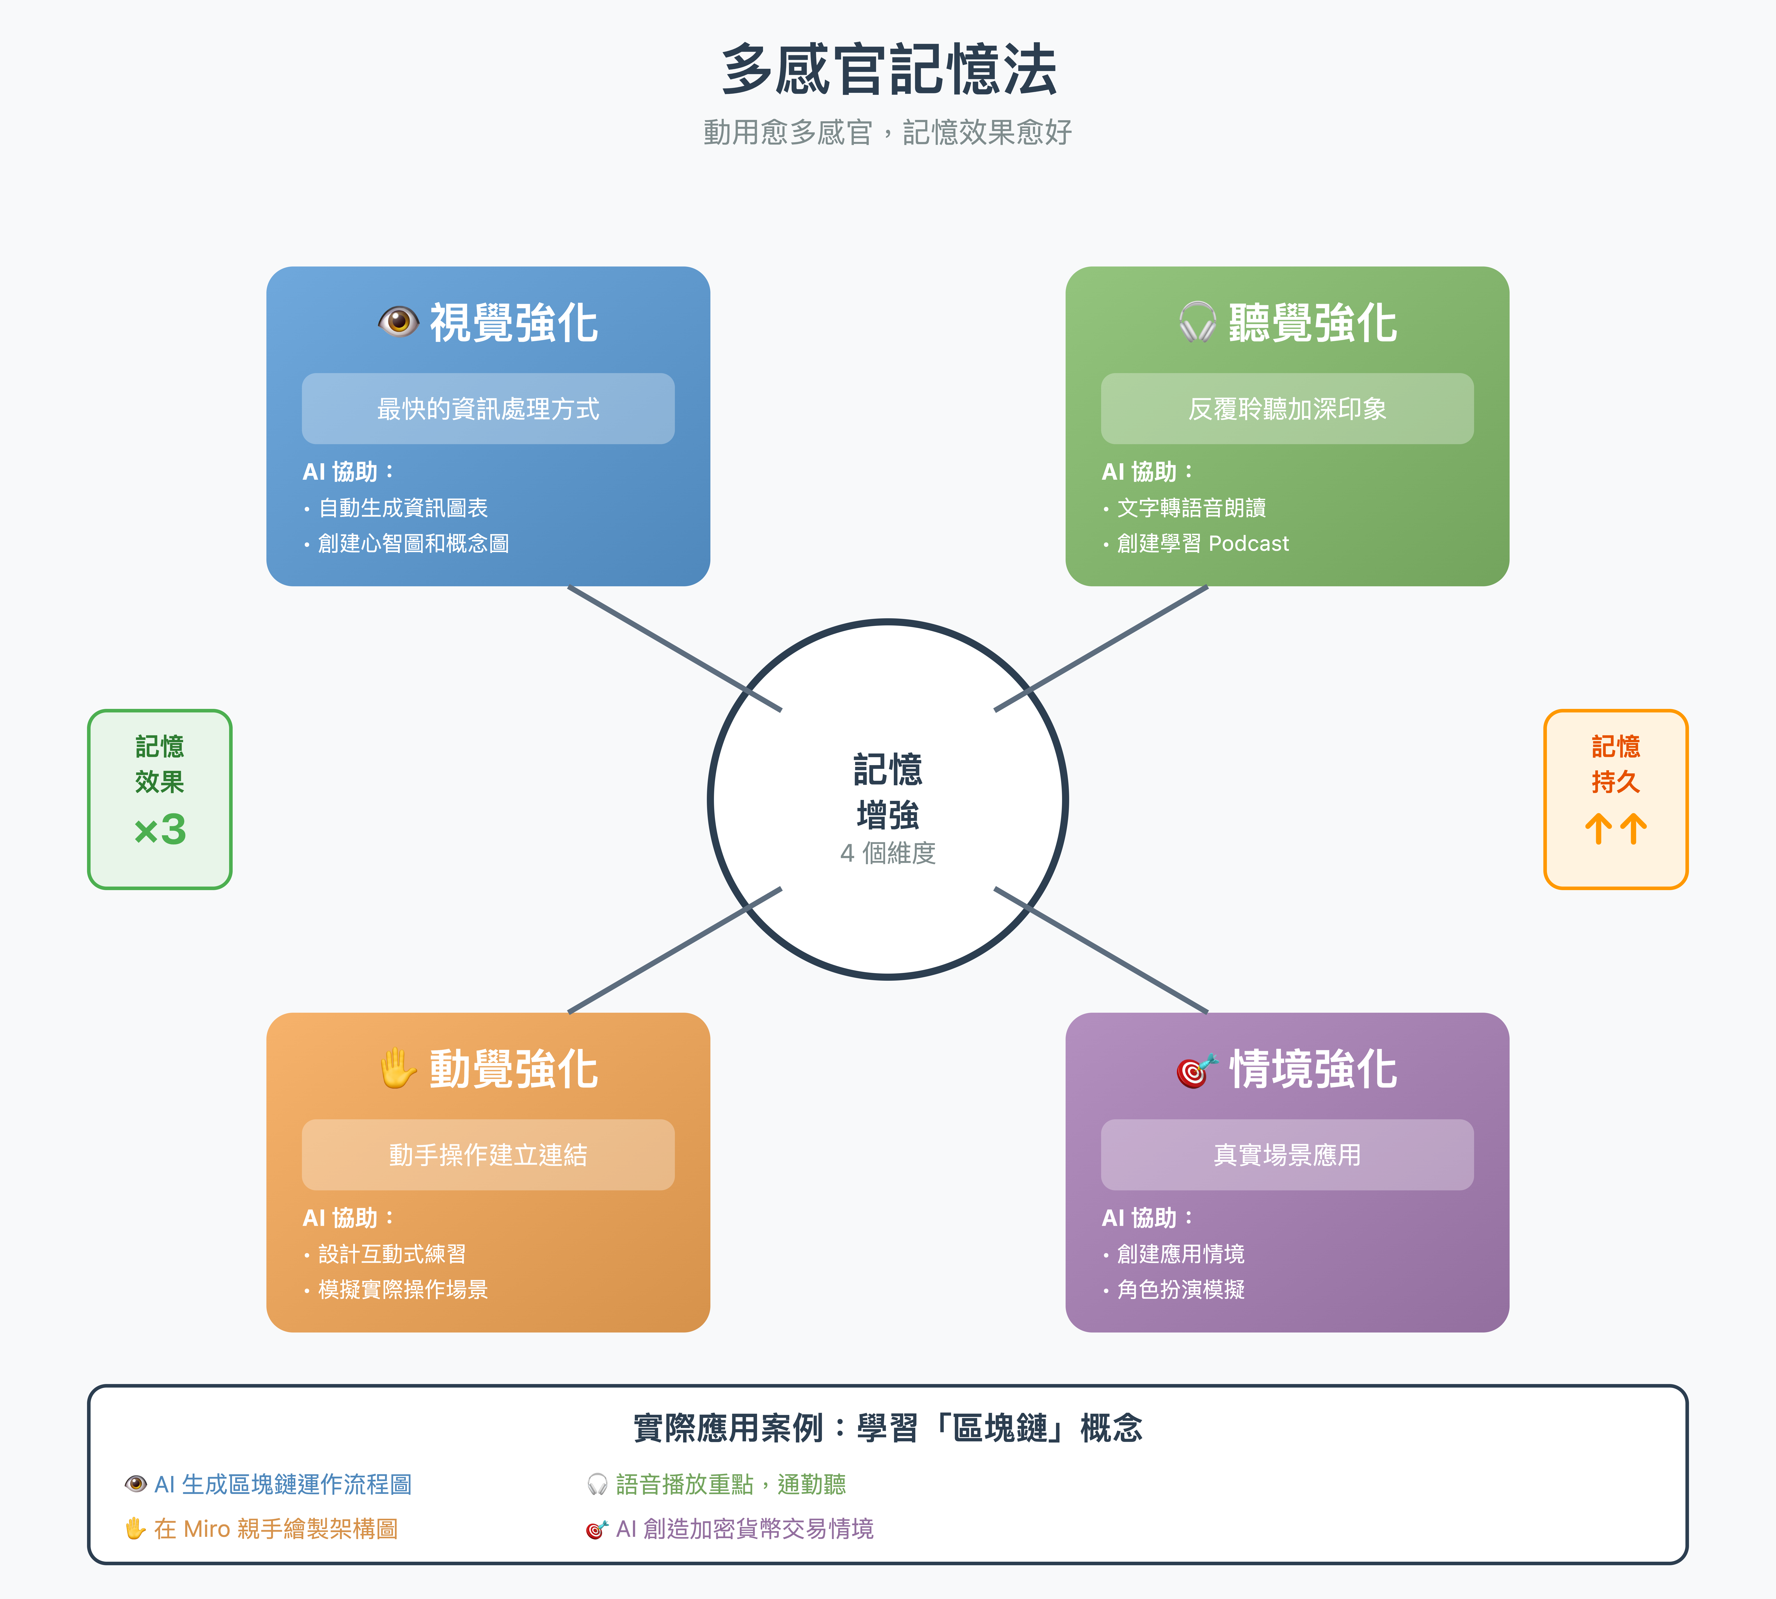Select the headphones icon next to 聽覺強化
point(1197,322)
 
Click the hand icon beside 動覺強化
point(398,1068)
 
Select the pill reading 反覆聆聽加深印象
point(1287,409)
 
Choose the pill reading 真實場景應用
point(1287,1154)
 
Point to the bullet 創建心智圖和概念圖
point(413,544)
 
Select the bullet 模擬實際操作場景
point(402,1290)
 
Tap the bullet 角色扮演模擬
point(1181,1290)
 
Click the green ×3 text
point(160,829)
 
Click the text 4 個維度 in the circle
point(888,853)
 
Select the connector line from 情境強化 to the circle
point(1101,950)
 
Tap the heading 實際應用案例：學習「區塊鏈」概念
point(888,1429)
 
